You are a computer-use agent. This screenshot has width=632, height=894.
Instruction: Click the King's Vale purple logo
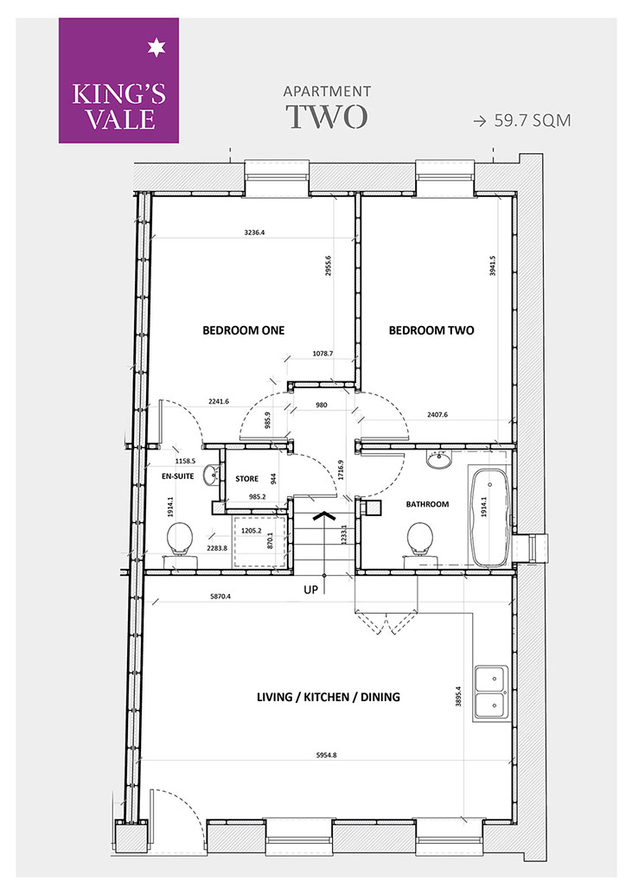[118, 80]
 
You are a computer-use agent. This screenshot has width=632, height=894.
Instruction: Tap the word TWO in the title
[327, 117]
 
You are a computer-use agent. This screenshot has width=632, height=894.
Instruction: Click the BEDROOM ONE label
[243, 330]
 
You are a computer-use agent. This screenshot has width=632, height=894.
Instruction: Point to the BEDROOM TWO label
[431, 330]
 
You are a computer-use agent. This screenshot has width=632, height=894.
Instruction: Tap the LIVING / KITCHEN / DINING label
[329, 697]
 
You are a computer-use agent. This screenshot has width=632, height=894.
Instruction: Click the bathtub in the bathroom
[488, 517]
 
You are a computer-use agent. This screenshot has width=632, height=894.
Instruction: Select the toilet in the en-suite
[179, 541]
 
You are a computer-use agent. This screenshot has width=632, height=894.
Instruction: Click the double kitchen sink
[491, 693]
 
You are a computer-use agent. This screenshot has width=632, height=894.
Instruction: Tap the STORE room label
[246, 479]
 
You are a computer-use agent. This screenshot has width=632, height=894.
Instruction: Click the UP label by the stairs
[310, 590]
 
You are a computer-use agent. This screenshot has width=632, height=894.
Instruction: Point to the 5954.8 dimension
[327, 755]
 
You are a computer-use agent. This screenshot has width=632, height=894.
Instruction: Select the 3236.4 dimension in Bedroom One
[255, 232]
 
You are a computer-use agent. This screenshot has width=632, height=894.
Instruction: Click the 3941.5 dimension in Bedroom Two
[493, 265]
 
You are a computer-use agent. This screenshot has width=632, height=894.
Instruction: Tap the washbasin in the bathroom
[439, 459]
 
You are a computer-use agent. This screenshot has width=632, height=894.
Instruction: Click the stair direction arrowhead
[323, 516]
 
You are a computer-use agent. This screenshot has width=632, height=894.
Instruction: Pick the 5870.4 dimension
[221, 597]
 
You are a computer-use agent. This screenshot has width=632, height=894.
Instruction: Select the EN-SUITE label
[178, 476]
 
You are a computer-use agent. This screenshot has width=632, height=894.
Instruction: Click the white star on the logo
[156, 48]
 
